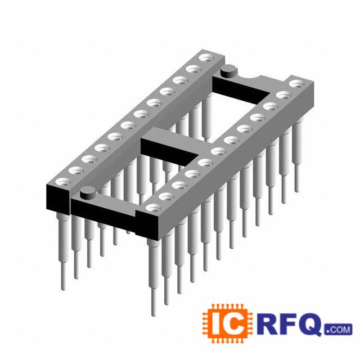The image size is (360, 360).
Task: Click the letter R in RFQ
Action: tap(267, 324)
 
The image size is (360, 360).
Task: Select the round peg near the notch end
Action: tap(228, 71)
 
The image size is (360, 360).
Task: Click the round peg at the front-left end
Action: tap(88, 193)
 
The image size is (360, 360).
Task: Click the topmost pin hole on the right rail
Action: tap(298, 84)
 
